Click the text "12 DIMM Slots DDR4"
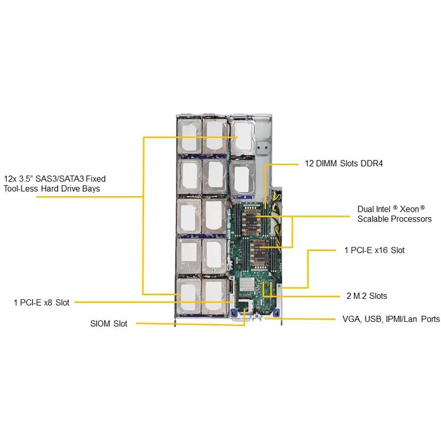[344, 163]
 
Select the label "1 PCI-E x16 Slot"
[374, 250]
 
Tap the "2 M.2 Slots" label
[367, 296]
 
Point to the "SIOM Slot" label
[109, 324]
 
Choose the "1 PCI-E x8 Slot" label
[42, 302]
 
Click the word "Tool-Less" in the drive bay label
[21, 189]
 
